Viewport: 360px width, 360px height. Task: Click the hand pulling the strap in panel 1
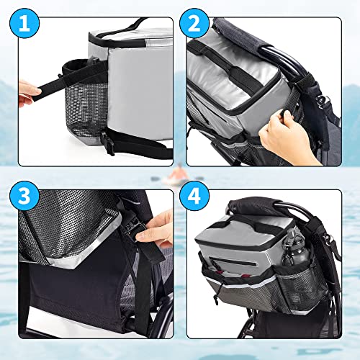pos(29,92)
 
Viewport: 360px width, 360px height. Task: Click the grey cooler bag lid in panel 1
pos(137,36)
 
